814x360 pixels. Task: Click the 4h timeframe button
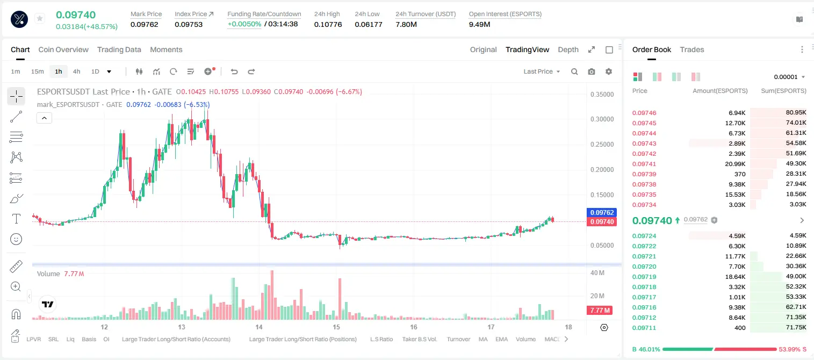coord(76,71)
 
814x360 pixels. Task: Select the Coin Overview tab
coord(63,49)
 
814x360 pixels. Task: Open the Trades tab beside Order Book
coord(692,49)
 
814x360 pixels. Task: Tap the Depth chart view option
coord(568,49)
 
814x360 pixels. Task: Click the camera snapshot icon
coord(592,71)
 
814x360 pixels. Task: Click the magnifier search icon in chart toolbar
coord(574,71)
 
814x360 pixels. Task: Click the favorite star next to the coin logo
coord(40,18)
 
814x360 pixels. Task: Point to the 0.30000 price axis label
coord(602,119)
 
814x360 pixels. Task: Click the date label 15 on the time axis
coord(336,327)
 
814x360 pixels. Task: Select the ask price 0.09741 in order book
coord(644,164)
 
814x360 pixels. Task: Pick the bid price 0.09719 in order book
coord(644,277)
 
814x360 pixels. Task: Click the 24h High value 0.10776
coord(328,24)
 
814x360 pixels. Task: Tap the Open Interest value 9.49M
coord(479,24)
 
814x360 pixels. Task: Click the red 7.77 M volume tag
coord(600,310)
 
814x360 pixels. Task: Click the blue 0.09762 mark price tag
coord(602,213)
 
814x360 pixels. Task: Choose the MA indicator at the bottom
coord(483,339)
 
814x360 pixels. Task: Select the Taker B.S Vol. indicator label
coord(419,339)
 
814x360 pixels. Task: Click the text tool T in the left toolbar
coord(16,219)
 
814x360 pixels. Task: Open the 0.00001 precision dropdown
coord(789,77)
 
